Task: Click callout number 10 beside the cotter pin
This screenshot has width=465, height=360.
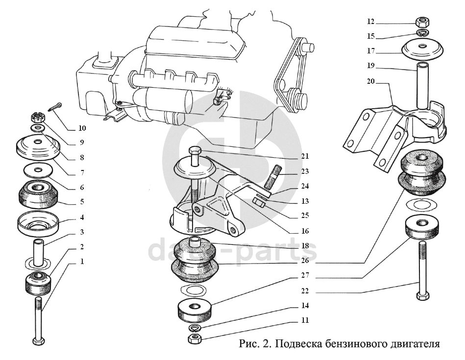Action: pyautogui.click(x=82, y=128)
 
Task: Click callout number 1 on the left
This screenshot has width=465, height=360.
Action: pyautogui.click(x=82, y=262)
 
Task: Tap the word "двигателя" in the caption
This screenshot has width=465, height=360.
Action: pyautogui.click(x=413, y=343)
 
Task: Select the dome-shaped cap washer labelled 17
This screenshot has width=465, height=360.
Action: pyautogui.click(x=422, y=48)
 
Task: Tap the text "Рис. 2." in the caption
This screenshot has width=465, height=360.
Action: pyautogui.click(x=256, y=343)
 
